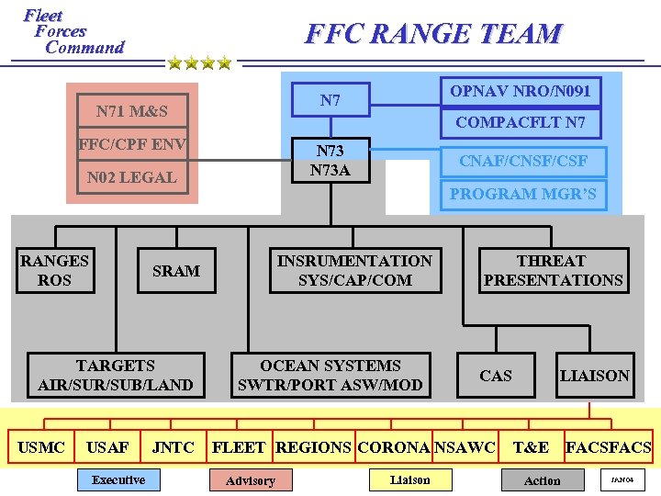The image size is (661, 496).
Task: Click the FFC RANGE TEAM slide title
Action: (x=433, y=34)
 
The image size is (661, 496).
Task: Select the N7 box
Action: (x=330, y=100)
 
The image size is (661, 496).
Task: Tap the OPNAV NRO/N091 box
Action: (x=520, y=91)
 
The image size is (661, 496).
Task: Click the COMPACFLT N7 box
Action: (x=521, y=123)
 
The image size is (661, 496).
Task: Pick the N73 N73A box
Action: (x=330, y=160)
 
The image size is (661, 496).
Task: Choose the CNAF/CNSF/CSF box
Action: (x=523, y=161)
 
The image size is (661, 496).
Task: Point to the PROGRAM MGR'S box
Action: (x=523, y=194)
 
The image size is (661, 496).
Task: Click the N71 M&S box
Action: (x=133, y=111)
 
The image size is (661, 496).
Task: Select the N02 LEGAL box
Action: (x=133, y=177)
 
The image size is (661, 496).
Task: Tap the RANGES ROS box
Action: (x=54, y=270)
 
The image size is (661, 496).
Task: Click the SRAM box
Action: (x=175, y=271)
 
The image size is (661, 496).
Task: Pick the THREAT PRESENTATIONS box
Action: (x=553, y=270)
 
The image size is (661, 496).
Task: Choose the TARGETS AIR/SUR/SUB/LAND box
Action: (x=116, y=375)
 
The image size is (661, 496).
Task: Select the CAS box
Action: (x=496, y=376)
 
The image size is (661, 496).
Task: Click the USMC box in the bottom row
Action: (x=41, y=447)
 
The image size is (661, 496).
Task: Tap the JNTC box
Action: (x=173, y=447)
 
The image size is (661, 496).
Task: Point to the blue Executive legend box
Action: (x=118, y=479)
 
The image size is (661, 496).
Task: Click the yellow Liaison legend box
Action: (x=409, y=479)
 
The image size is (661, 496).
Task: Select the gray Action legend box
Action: (x=542, y=479)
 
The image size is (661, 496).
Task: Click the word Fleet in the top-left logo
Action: (x=43, y=16)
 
